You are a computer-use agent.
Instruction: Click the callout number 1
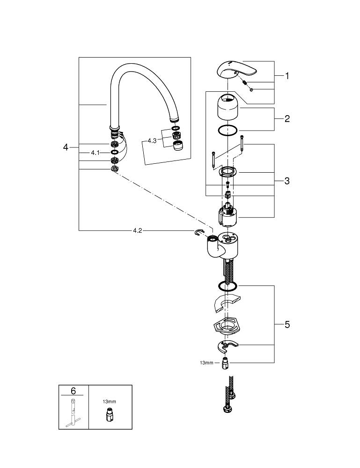tap(287, 76)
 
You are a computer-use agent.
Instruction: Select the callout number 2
tap(287, 118)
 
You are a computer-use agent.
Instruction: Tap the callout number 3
tap(287, 181)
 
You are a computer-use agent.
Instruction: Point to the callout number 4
tap(66, 147)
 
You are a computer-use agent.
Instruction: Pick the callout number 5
tap(287, 324)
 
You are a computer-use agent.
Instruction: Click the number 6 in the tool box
tap(73, 390)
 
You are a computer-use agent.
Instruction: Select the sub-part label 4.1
tap(95, 153)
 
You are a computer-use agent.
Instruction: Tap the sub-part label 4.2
tap(137, 230)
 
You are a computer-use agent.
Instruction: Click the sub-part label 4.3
tap(152, 140)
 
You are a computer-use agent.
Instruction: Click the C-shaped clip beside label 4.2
tap(198, 233)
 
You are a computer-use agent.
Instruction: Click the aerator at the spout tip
tap(178, 146)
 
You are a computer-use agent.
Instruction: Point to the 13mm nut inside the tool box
tap(109, 415)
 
